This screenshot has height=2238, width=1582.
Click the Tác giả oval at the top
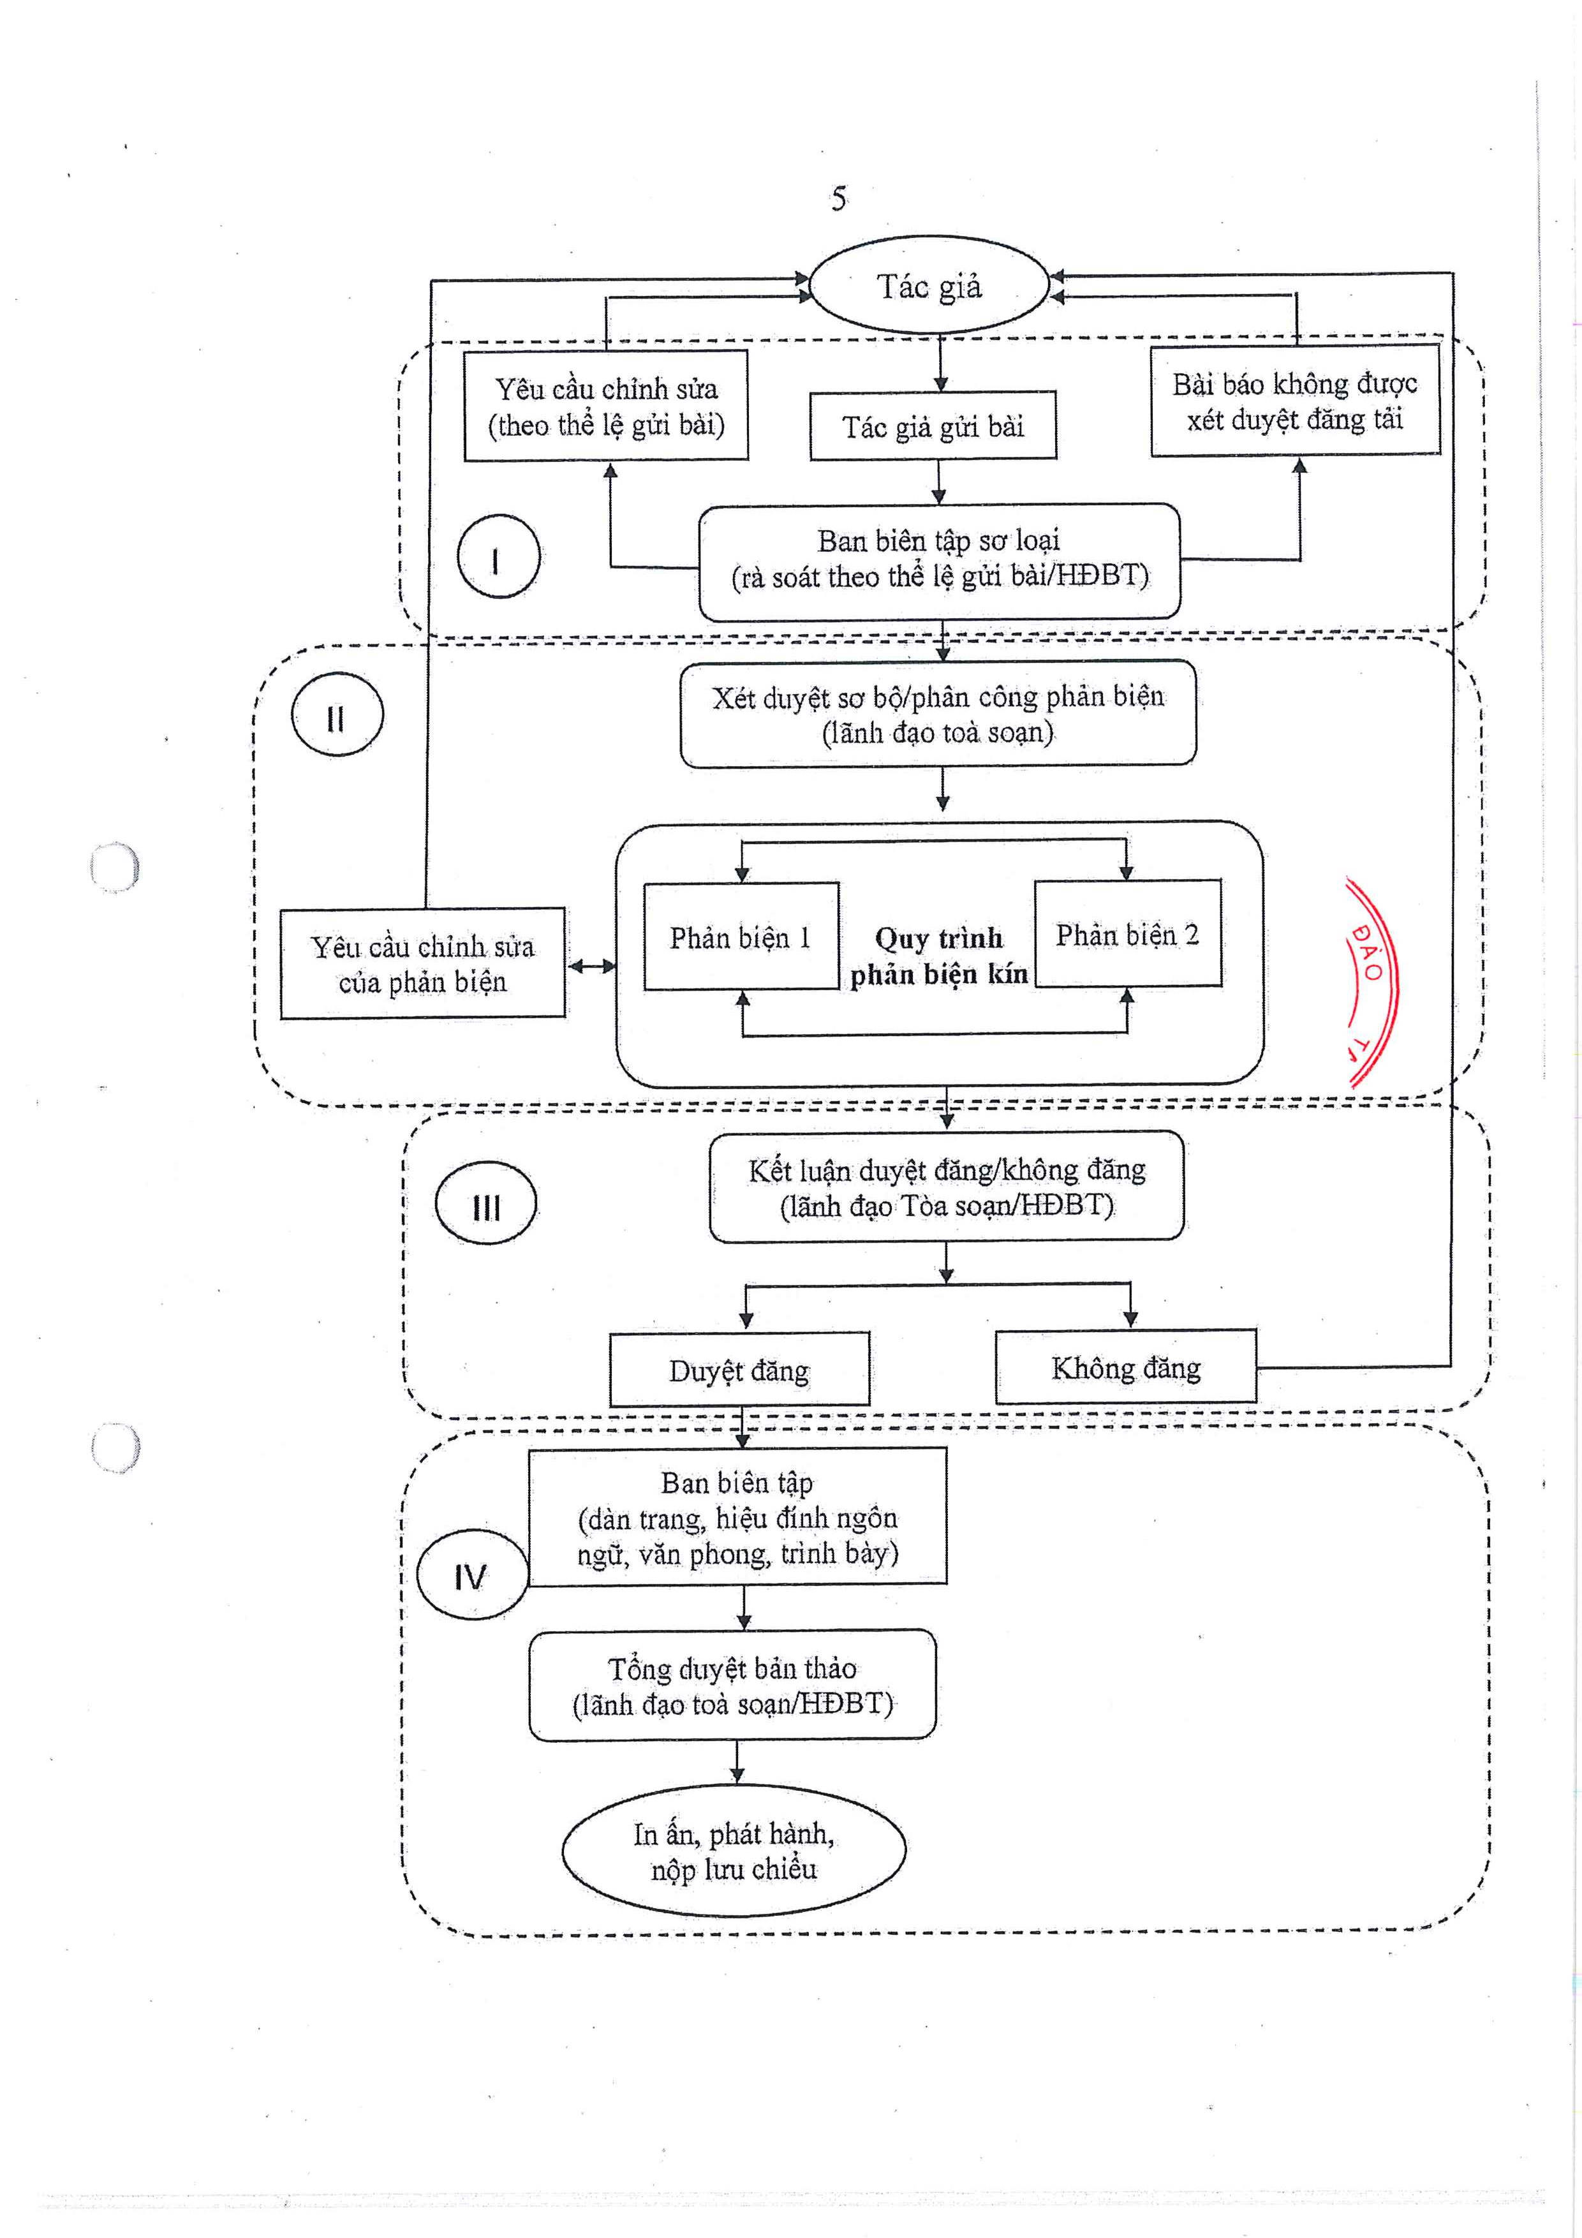coord(929,286)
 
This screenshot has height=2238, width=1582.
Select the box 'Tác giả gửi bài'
coord(933,426)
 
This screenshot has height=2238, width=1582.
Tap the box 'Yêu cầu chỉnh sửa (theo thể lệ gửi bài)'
coord(605,406)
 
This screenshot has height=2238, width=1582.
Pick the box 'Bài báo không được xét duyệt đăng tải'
coord(1294,401)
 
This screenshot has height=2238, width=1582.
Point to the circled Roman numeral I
coord(498,558)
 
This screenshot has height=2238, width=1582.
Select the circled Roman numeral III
coord(485,1204)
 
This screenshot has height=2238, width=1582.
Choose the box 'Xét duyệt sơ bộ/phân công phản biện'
coord(938,713)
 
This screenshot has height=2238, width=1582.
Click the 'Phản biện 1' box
coord(741,937)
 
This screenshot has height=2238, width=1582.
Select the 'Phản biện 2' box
coord(1127,934)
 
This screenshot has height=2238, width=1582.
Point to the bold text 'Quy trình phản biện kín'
coord(938,955)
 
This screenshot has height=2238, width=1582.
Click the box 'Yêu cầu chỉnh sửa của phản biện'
coord(422,964)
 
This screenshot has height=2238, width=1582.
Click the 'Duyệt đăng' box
coord(739,1370)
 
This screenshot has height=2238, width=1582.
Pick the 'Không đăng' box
coord(1126,1367)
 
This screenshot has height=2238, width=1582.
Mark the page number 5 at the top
coord(838,199)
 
